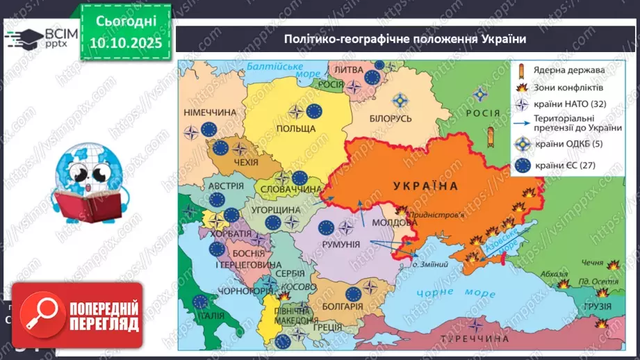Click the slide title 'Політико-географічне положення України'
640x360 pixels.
[404, 39]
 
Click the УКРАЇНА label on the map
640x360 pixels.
[425, 186]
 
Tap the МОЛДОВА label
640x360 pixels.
[395, 222]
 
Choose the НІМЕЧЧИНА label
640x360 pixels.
[209, 112]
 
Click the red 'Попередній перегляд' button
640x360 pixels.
[76, 316]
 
